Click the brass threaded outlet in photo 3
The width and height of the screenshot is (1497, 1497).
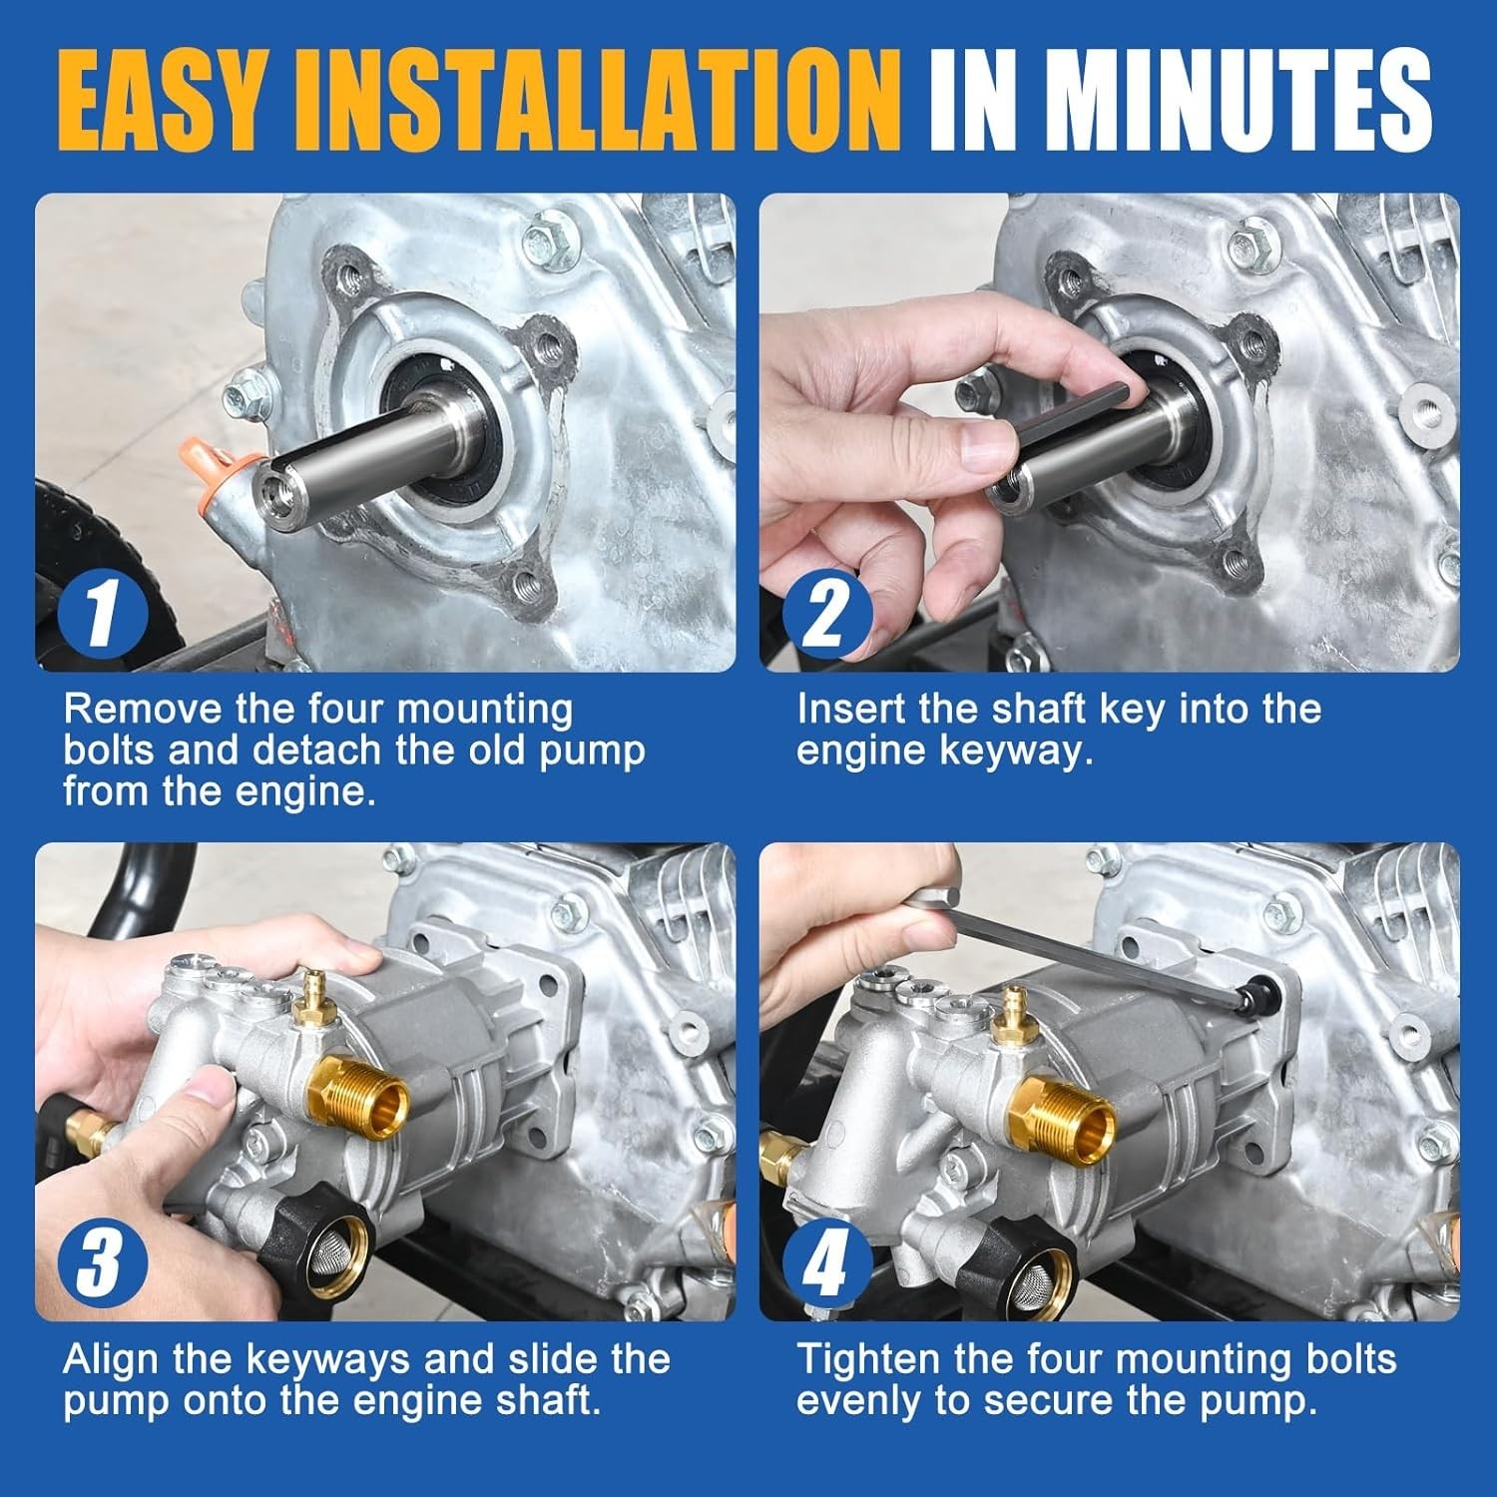pos(363,1099)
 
